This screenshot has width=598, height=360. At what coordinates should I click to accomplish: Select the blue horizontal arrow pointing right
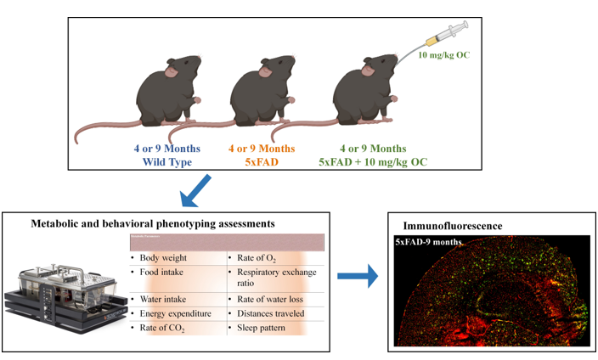pos(358,276)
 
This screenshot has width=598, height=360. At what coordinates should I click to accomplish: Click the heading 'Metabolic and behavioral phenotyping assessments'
pos(153,223)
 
